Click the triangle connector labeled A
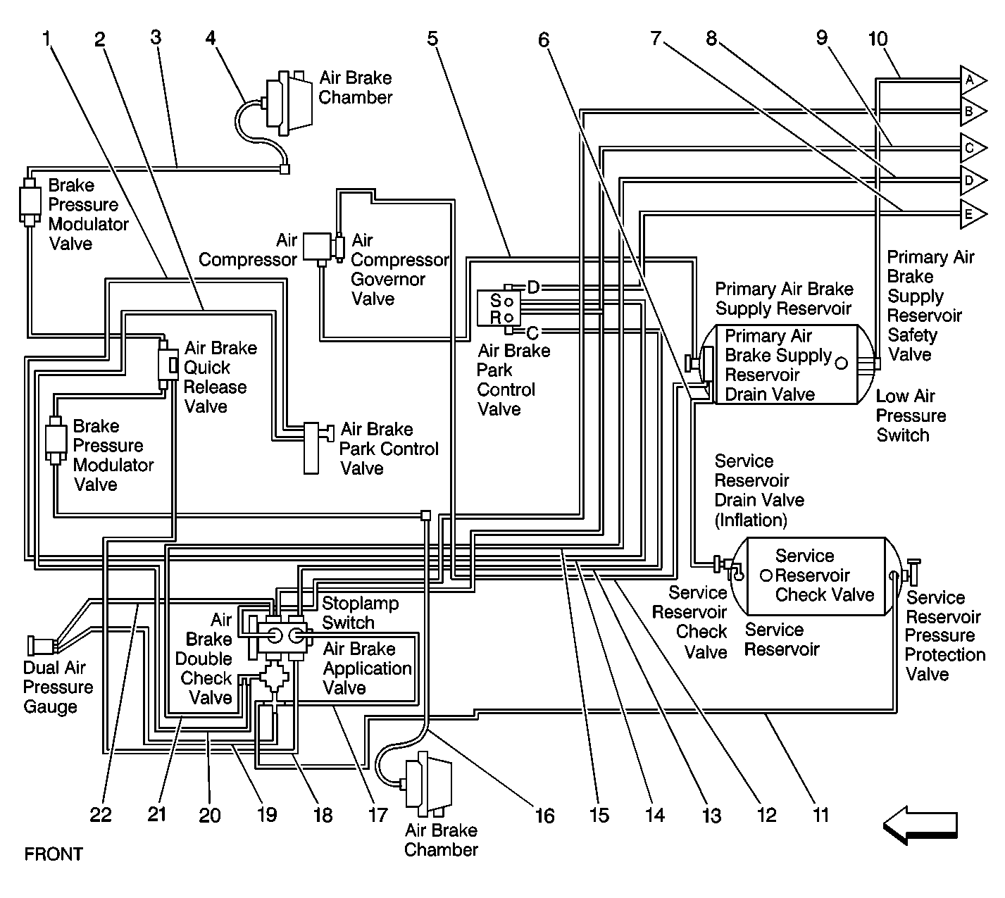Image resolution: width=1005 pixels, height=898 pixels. click(972, 80)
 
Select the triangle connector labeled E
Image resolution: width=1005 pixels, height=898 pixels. click(972, 214)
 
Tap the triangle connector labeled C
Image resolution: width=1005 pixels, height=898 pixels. click(972, 148)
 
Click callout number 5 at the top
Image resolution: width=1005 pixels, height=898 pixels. click(432, 39)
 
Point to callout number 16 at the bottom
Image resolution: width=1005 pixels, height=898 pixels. click(544, 816)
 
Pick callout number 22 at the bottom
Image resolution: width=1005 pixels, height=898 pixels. click(101, 815)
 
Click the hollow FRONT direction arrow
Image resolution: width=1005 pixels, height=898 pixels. click(920, 825)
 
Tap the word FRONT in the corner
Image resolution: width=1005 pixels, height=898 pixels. click(54, 854)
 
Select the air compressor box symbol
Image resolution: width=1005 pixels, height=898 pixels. click(317, 247)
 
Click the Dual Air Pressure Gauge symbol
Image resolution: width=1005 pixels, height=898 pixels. click(42, 645)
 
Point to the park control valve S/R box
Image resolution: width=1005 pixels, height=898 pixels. click(499, 308)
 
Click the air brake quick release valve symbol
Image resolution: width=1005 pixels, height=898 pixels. click(168, 365)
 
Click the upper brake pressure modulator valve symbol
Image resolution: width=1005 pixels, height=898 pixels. click(30, 202)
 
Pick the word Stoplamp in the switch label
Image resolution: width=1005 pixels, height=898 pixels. click(360, 604)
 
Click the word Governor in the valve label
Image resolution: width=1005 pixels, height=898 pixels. click(387, 280)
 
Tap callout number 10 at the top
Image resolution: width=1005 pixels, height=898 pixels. click(878, 39)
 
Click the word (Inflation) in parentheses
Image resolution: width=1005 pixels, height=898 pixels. click(751, 520)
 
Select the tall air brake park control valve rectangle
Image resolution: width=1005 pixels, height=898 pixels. click(311, 449)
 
